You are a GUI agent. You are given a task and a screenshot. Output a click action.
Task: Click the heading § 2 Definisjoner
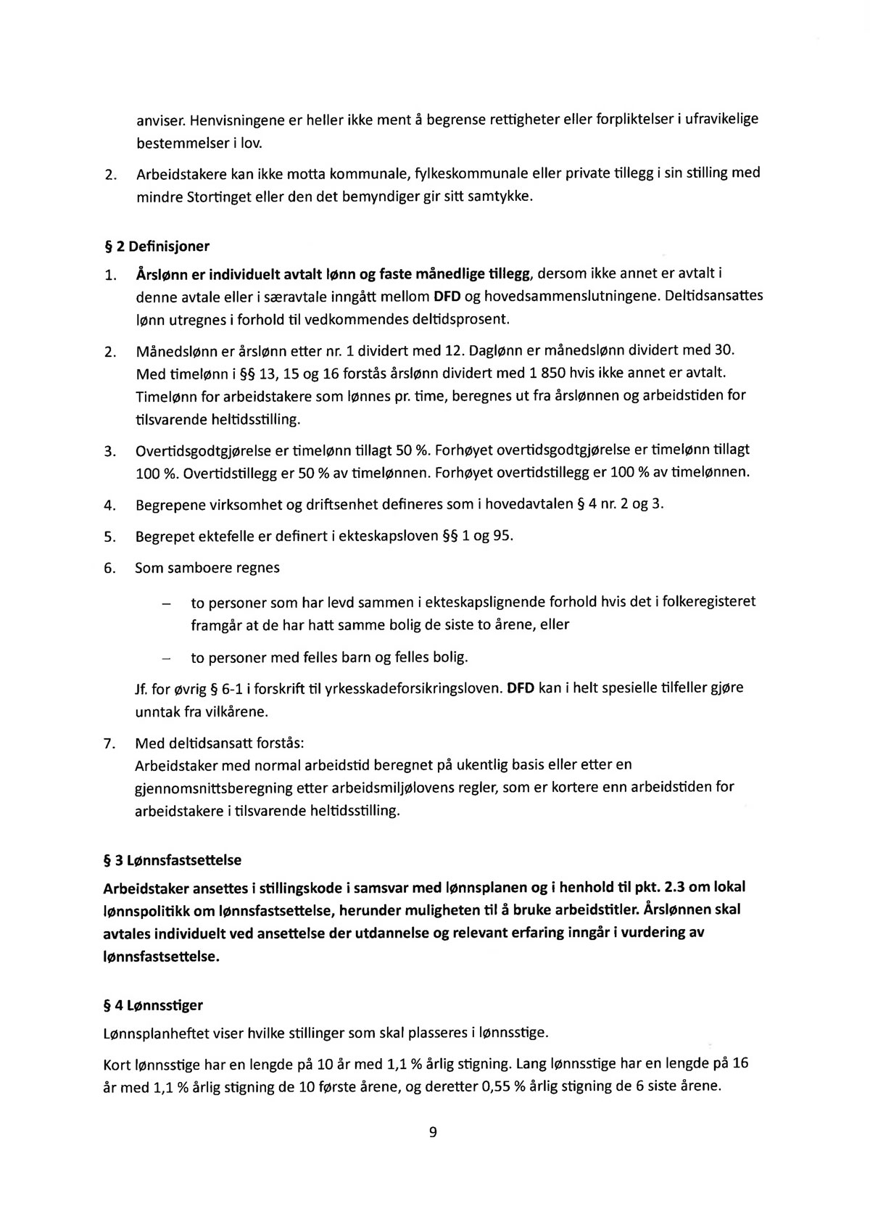157,247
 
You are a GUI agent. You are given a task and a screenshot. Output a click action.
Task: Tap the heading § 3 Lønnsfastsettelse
173,860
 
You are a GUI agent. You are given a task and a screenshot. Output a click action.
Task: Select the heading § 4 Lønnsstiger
153,1006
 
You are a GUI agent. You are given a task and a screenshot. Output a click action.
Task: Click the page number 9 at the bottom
433,1133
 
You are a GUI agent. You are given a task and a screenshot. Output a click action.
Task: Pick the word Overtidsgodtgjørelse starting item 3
205,450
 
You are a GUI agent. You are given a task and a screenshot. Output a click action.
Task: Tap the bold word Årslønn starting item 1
159,274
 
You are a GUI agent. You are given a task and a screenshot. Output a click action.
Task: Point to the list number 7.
109,745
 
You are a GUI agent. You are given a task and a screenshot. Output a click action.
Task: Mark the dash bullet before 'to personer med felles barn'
167,659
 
